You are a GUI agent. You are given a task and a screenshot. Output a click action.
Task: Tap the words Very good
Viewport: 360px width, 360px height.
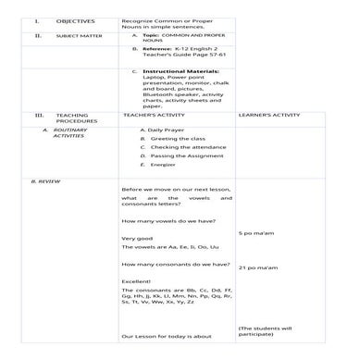[137, 239]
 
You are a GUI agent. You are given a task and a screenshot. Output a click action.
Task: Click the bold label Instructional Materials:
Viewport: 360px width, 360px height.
[181, 69]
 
